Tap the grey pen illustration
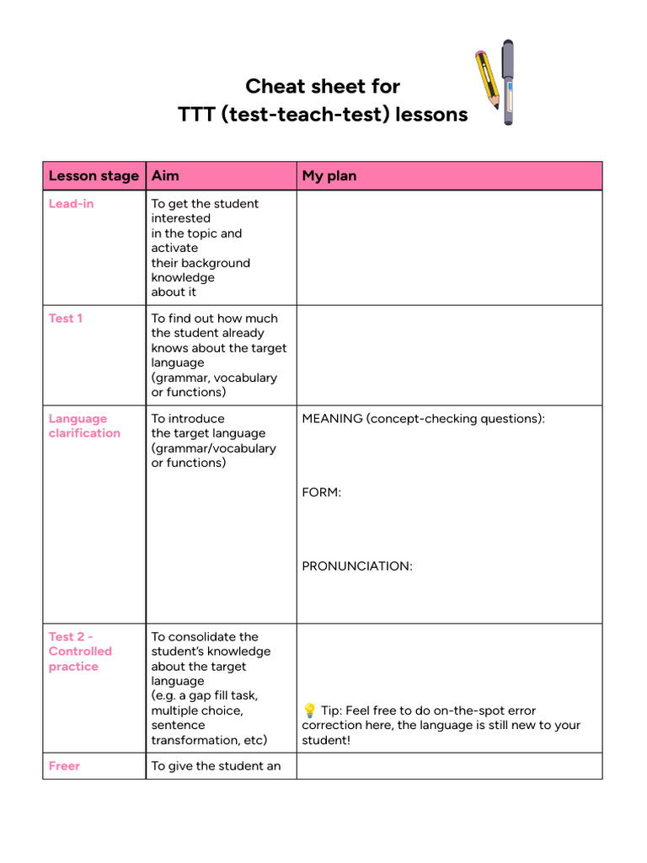(508, 82)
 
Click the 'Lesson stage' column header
(94, 176)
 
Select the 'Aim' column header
(165, 176)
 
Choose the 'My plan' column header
(329, 176)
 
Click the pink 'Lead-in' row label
(71, 204)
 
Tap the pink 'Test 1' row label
(66, 319)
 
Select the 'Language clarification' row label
(84, 426)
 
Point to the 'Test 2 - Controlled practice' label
(80, 651)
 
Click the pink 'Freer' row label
(65, 766)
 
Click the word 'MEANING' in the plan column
(332, 419)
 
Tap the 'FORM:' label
(322, 492)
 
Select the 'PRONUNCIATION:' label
(357, 566)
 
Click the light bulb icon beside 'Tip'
(309, 710)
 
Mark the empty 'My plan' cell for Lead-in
(449, 248)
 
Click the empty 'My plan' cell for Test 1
(449, 355)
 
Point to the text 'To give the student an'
(216, 766)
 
